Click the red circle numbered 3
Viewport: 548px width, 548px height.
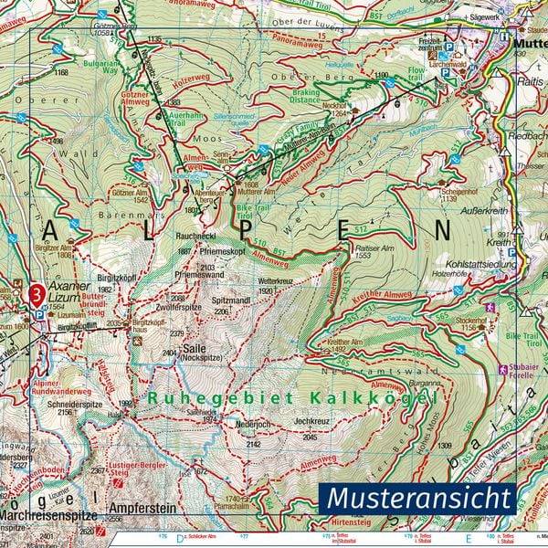pos(36,294)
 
